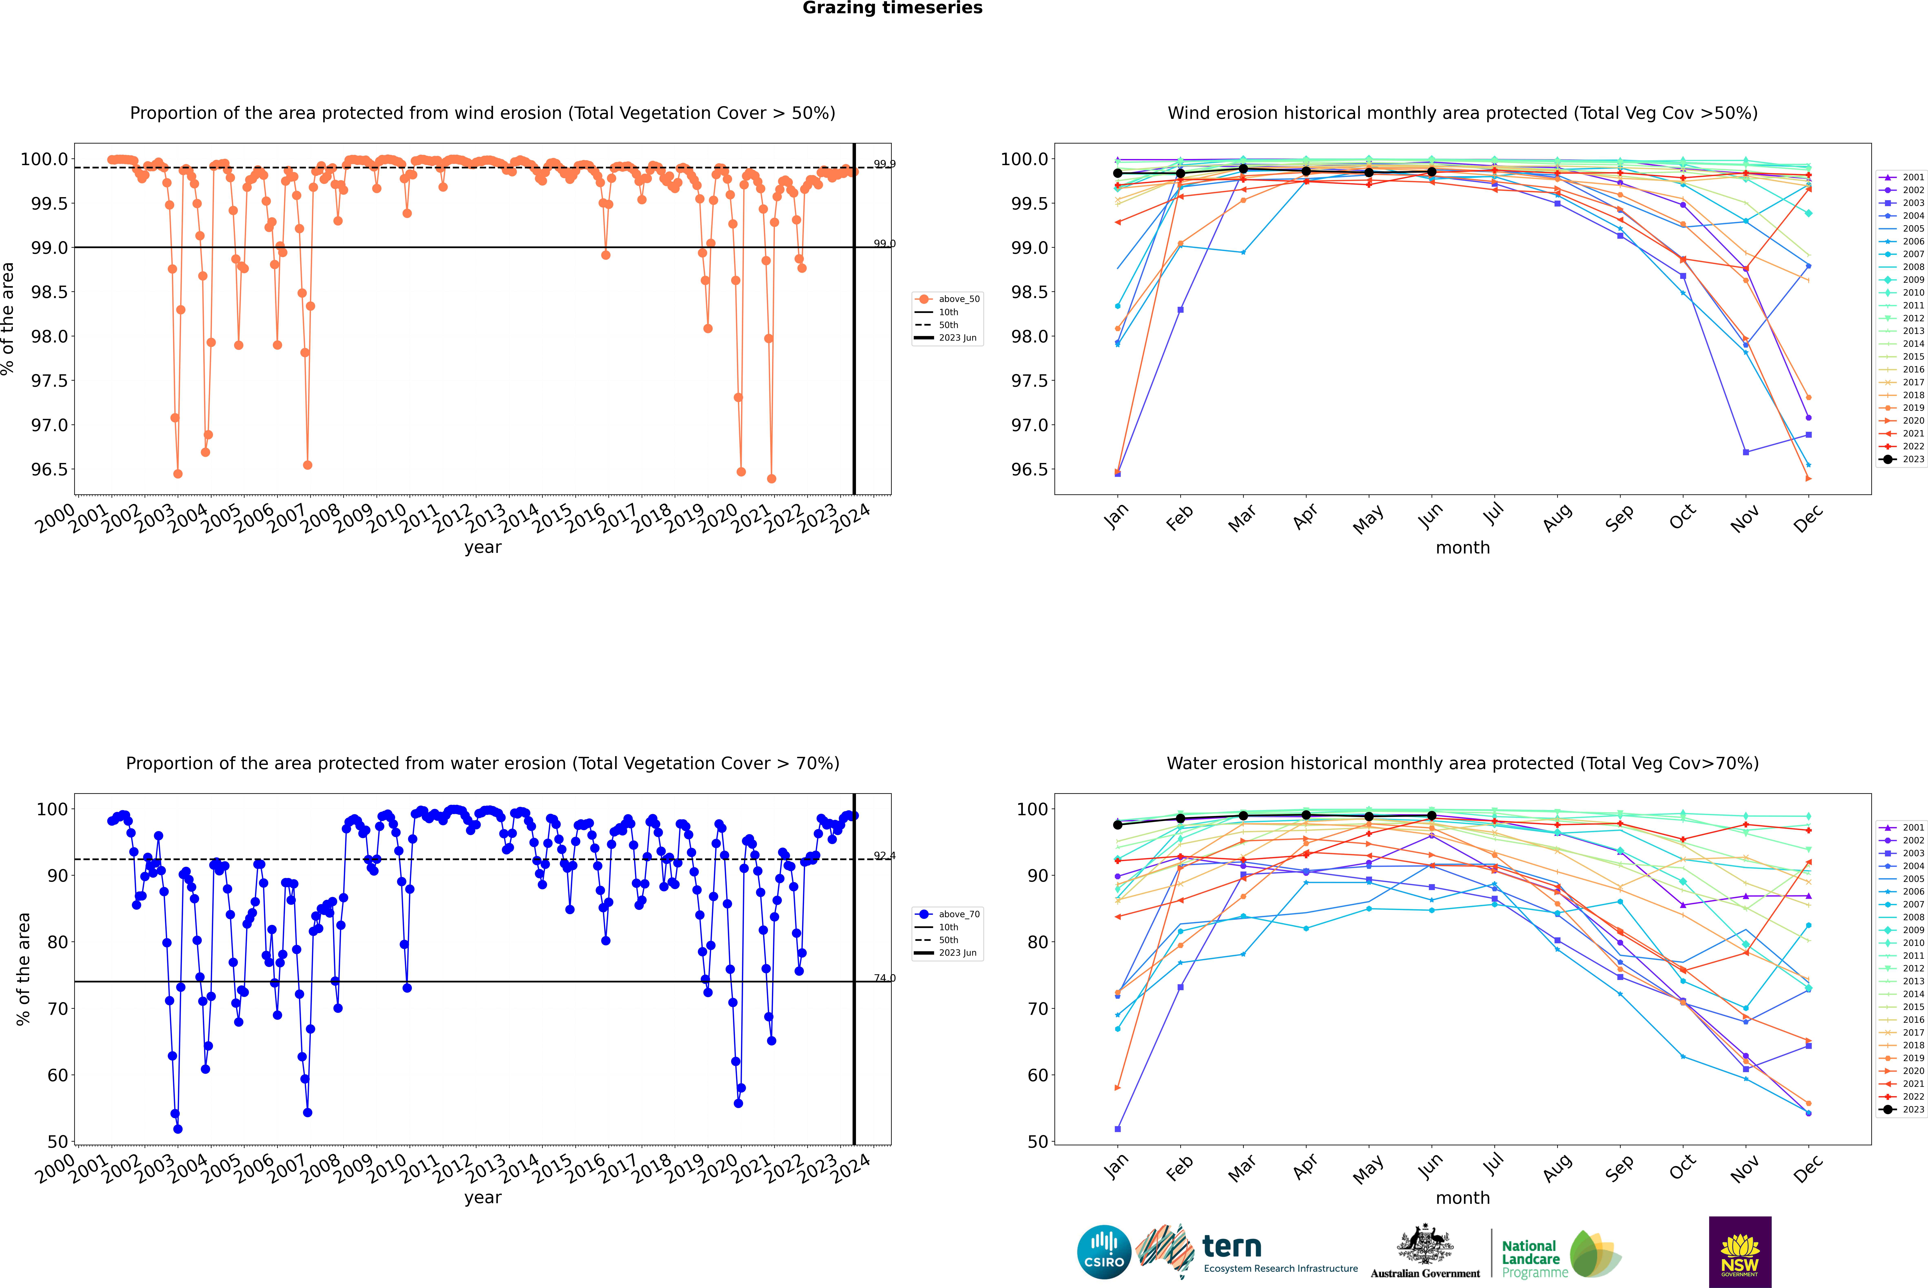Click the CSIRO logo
[1104, 1252]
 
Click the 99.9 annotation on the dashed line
[884, 164]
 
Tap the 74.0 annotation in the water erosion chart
[884, 978]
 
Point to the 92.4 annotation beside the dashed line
[884, 856]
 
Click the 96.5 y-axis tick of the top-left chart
[49, 470]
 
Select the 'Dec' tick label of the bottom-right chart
[1808, 1168]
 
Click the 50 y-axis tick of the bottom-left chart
[58, 1142]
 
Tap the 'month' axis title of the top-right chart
[1462, 548]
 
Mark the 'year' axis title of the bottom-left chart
[482, 1198]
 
